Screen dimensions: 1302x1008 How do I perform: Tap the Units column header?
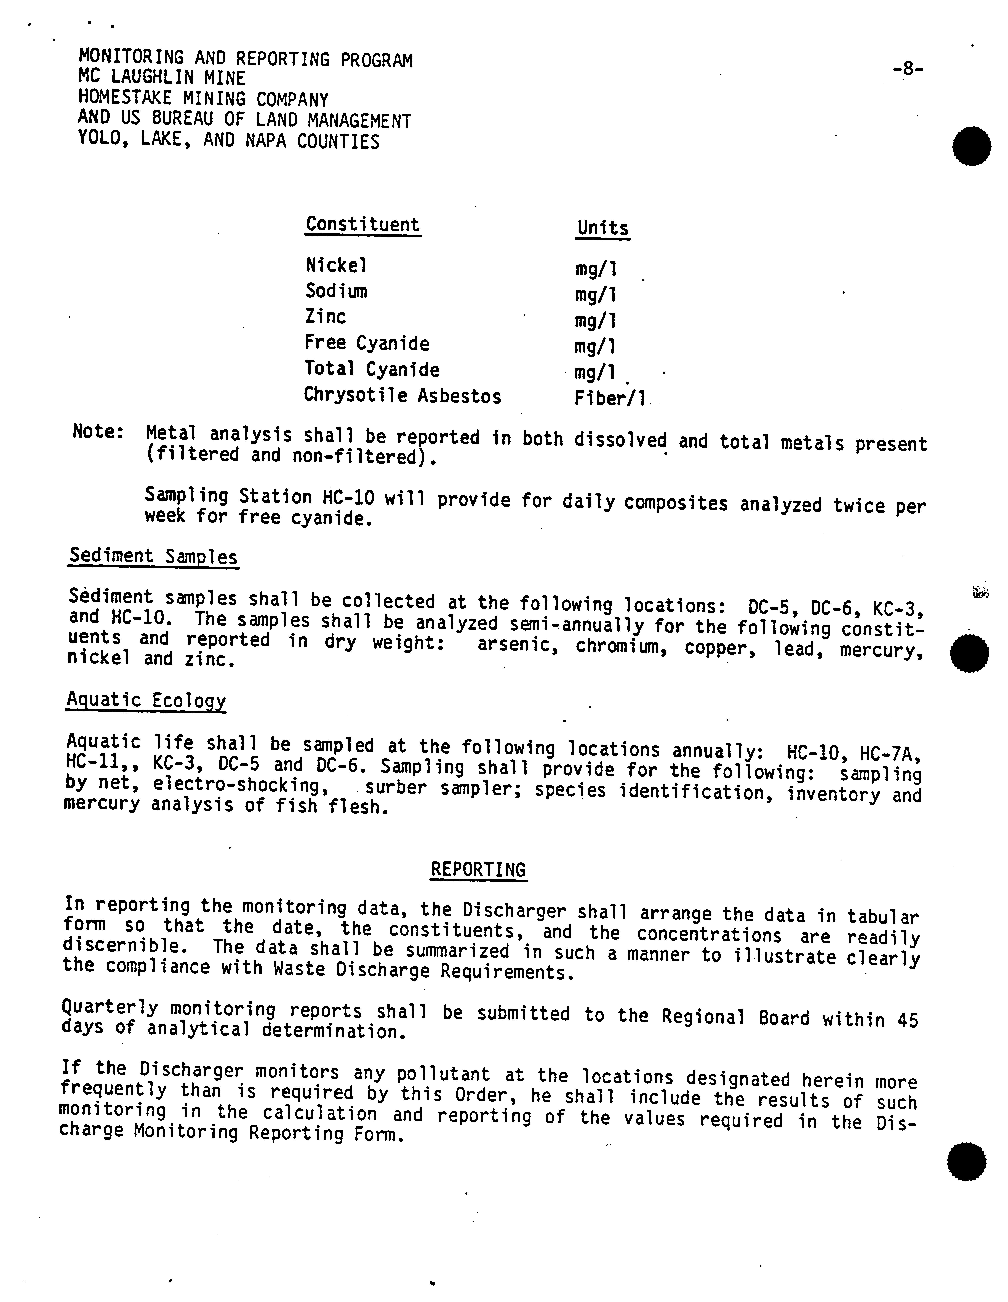click(x=603, y=228)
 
